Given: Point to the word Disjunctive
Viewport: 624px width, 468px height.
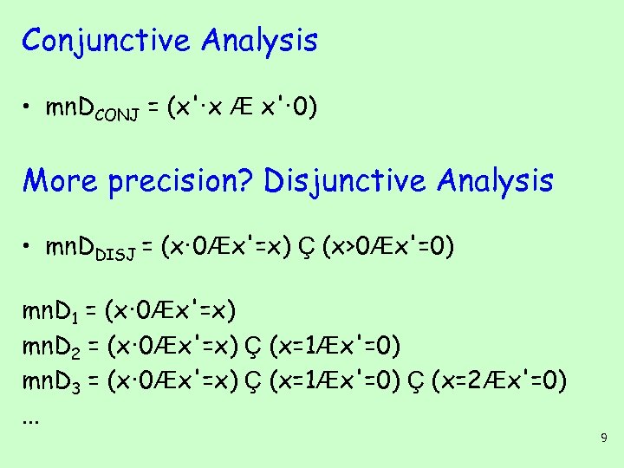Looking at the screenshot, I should (x=346, y=180).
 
